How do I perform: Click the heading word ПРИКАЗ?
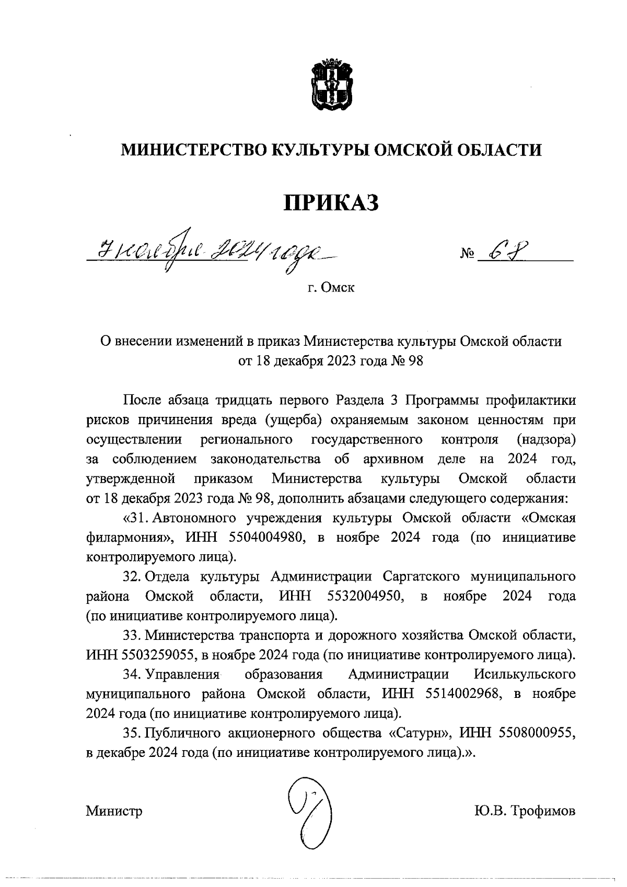(x=331, y=203)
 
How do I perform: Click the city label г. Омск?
(x=331, y=288)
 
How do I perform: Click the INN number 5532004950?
(x=366, y=596)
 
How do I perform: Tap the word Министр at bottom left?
(x=114, y=811)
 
